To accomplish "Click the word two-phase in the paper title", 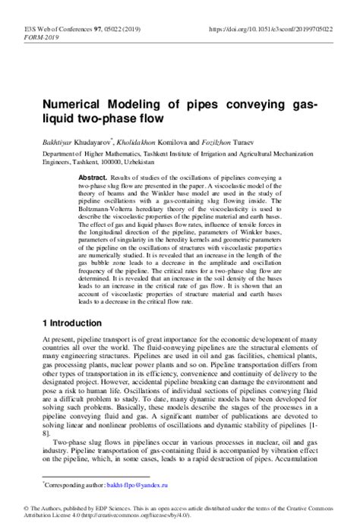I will point(113,119).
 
